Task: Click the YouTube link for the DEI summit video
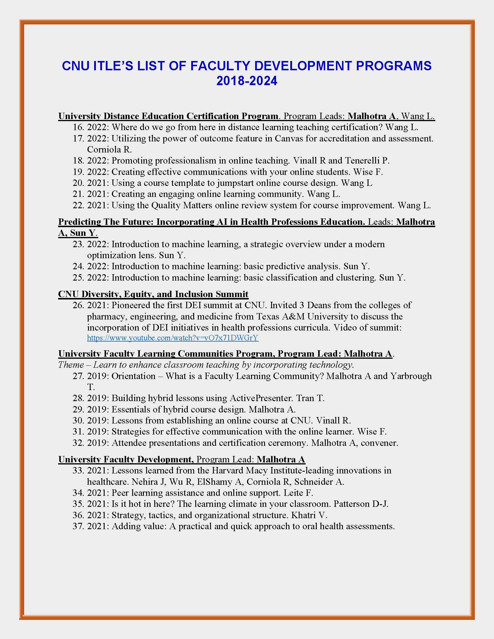point(173,338)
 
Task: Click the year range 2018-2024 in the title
point(247,81)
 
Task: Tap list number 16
point(78,127)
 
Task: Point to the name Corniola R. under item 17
point(110,150)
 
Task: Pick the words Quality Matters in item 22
point(181,205)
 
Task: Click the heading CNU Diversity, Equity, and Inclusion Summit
point(153,294)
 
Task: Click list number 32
point(78,443)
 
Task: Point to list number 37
point(78,526)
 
